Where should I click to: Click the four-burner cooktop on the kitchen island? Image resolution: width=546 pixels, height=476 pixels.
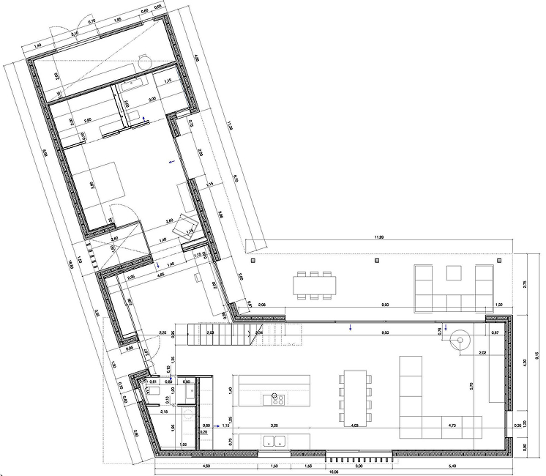(x=278, y=399)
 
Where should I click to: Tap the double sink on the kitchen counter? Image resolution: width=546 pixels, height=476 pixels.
(x=274, y=440)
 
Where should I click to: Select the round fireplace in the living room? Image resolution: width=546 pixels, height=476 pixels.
(x=462, y=341)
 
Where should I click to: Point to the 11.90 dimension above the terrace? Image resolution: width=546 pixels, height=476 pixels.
(x=378, y=237)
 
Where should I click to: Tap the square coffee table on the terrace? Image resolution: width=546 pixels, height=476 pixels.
(x=454, y=274)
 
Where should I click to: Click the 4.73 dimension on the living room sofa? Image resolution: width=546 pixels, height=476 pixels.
(x=452, y=424)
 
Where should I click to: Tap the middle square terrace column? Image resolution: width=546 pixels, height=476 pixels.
(x=376, y=260)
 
